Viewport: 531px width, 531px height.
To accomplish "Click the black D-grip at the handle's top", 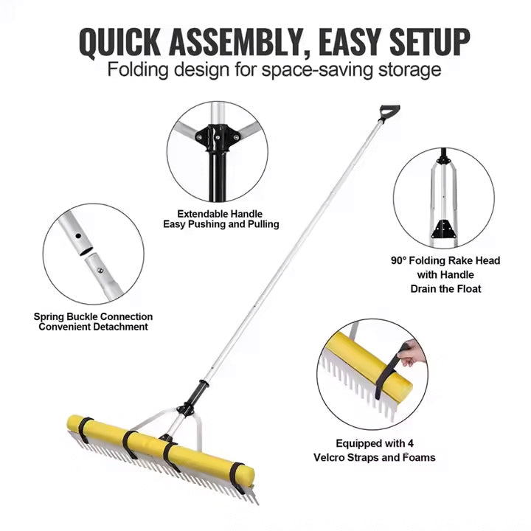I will tap(388, 112).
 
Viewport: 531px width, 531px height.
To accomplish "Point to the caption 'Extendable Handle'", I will tap(220, 214).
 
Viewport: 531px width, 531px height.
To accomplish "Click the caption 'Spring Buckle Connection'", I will tap(93, 316).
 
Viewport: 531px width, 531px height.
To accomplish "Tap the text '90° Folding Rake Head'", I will tap(445, 260).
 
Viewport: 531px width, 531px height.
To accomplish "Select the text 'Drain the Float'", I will tap(445, 288).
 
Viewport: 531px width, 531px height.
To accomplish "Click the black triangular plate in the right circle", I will tap(443, 228).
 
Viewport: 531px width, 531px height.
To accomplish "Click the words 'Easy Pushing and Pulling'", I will tap(221, 224).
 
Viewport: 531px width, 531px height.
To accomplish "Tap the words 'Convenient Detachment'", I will tap(93, 327).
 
